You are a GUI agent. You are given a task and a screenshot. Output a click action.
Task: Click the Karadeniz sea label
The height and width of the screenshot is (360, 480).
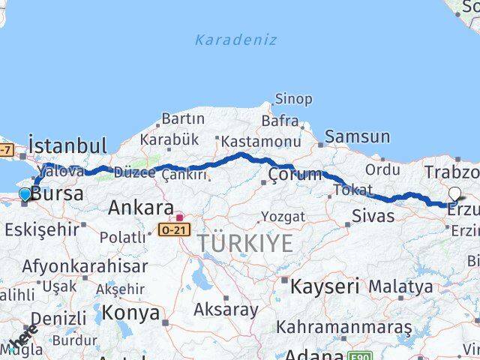click(235, 40)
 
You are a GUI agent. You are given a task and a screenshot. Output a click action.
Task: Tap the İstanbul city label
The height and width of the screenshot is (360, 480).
click(67, 144)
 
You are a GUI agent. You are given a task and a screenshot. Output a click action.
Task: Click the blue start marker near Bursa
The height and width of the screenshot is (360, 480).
click(25, 194)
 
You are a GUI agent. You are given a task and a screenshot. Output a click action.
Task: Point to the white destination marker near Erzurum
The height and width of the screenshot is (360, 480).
click(454, 194)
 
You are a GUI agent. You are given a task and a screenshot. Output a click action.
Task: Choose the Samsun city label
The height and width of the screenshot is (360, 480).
click(358, 136)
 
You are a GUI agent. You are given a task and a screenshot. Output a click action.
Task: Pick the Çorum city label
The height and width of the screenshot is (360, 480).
click(295, 175)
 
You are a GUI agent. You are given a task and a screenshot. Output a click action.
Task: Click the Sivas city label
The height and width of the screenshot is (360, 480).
click(373, 217)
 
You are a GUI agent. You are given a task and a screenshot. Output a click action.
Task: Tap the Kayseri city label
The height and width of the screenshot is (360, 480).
click(325, 286)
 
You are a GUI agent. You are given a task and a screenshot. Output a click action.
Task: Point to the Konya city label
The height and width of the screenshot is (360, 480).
click(130, 312)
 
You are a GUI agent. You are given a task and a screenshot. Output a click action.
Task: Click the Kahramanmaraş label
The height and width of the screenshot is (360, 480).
click(343, 328)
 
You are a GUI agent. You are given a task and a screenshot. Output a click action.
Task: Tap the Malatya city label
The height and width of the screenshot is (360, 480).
click(400, 286)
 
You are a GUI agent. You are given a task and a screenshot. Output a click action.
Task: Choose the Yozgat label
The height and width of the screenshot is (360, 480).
click(283, 217)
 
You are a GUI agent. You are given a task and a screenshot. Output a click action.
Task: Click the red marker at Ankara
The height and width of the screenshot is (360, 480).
click(179, 217)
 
